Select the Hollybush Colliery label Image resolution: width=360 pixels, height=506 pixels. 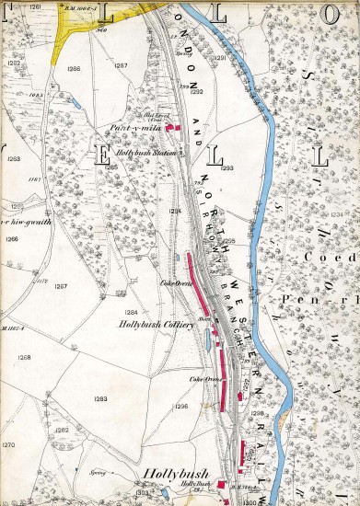[x=154, y=323]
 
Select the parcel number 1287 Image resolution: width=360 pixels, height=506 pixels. [x=120, y=66]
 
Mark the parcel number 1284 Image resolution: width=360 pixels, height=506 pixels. [x=132, y=312]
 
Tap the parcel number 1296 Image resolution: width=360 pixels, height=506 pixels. [x=180, y=406]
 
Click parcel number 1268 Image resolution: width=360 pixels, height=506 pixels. [x=24, y=357]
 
